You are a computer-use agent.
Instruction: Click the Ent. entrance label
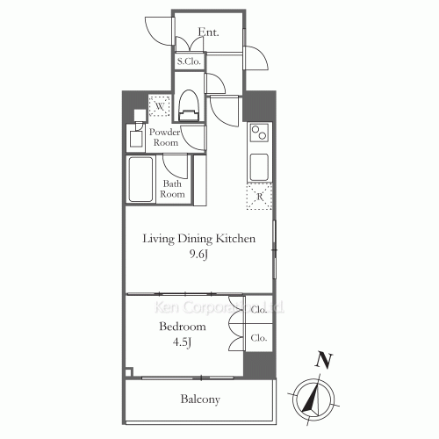click(x=208, y=32)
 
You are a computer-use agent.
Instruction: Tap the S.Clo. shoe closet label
click(x=190, y=61)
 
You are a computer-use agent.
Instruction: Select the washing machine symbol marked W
click(x=160, y=106)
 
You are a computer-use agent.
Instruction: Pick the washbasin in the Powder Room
click(x=136, y=138)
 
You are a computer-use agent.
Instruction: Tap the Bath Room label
click(x=173, y=189)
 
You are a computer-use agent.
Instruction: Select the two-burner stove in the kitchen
click(x=259, y=133)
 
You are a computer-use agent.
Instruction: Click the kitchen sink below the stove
click(x=259, y=164)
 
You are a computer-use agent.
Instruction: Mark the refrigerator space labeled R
click(x=259, y=197)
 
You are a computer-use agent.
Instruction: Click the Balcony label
click(x=200, y=399)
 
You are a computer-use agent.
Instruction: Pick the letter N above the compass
click(x=324, y=359)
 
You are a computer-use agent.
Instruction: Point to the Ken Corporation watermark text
click(x=219, y=308)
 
